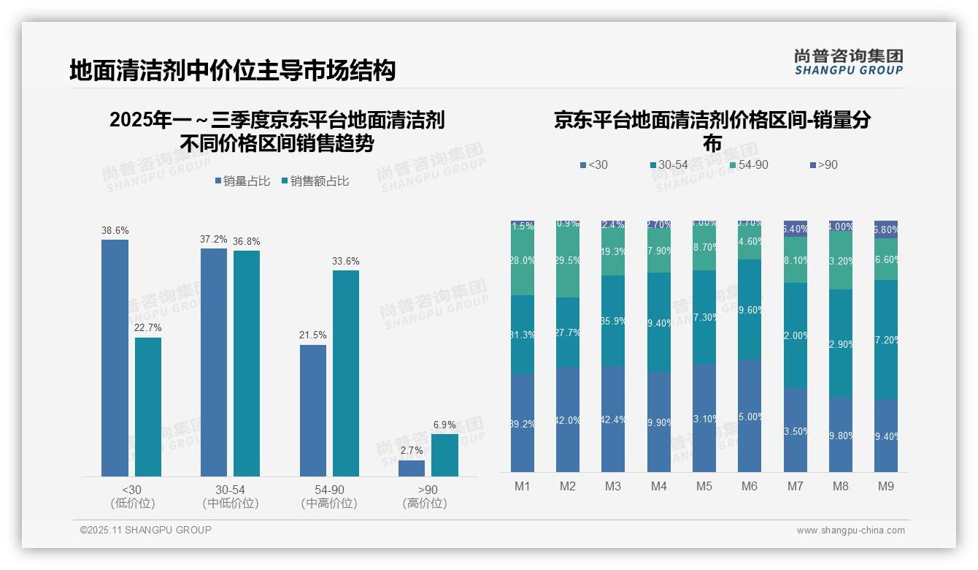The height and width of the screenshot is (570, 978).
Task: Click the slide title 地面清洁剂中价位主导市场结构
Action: [x=232, y=70]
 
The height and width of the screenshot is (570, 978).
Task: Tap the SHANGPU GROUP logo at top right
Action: [x=848, y=62]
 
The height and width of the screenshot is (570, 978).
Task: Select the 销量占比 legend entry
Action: [x=246, y=181]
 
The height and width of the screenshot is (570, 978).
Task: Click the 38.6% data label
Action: [x=115, y=231]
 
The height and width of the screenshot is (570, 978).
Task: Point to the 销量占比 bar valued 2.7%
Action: [x=412, y=468]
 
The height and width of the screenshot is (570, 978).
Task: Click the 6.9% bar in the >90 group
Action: [x=444, y=455]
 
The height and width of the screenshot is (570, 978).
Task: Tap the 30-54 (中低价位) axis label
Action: [x=230, y=496]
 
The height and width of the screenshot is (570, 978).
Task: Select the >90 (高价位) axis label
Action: [x=424, y=496]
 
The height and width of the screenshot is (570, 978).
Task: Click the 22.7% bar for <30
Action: [x=148, y=406]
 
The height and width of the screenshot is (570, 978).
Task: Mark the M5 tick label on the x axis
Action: [x=704, y=486]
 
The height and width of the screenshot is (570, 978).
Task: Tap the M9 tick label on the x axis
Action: [x=885, y=486]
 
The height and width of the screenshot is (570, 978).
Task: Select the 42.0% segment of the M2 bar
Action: [x=568, y=419]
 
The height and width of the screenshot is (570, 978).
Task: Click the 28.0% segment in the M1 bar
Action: [x=523, y=261]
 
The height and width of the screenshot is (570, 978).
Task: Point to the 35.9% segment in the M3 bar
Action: [x=613, y=320]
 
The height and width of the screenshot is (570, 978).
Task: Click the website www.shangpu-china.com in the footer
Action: [x=850, y=531]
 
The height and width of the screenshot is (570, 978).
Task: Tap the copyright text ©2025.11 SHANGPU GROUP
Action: [x=146, y=530]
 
